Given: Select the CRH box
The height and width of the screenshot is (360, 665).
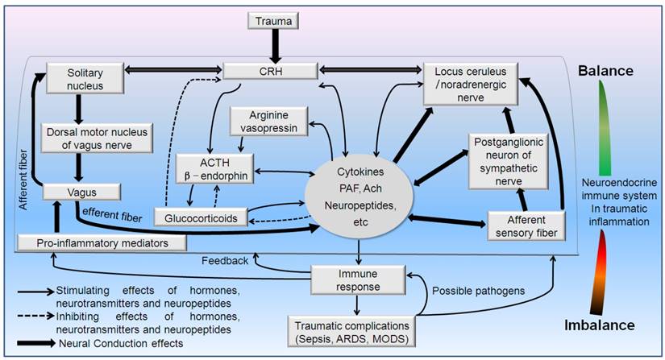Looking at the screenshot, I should pos(270,72).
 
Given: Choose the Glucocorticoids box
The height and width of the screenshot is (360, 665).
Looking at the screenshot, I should pos(205,217).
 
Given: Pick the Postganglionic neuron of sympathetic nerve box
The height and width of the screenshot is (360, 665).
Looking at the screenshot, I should pos(513,158).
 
